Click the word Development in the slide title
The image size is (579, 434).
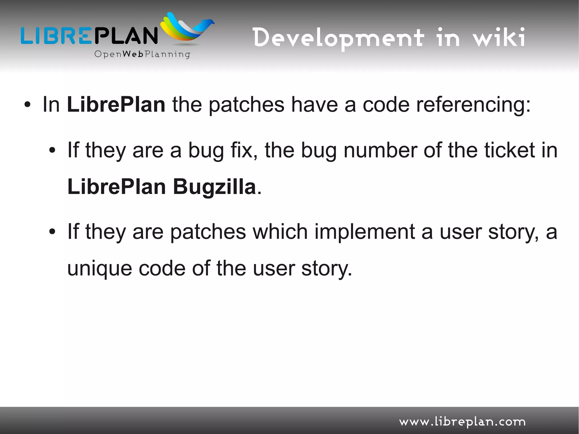(x=338, y=38)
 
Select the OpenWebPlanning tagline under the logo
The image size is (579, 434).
(x=142, y=54)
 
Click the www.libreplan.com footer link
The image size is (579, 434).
(x=462, y=422)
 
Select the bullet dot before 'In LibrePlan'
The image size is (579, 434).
(x=27, y=105)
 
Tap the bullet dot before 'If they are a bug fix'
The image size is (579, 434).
(x=52, y=150)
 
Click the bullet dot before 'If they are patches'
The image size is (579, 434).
(x=52, y=232)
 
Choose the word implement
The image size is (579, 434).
(x=364, y=232)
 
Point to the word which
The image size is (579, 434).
(x=280, y=232)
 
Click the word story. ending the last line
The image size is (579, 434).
(x=327, y=269)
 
